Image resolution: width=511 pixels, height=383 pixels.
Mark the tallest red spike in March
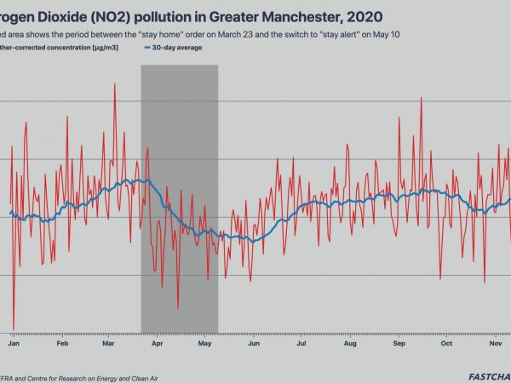point(114,84)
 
